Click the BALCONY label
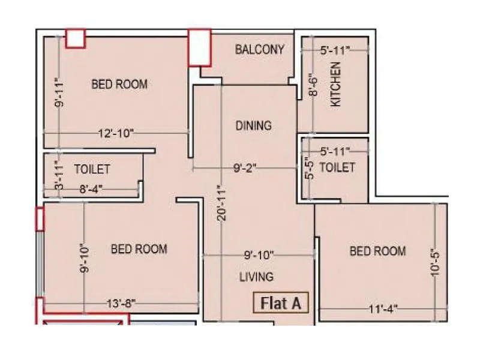[x=259, y=49]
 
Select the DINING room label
[x=253, y=125]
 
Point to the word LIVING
[x=256, y=277]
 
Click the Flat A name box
[x=280, y=303]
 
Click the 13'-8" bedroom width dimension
[x=120, y=304]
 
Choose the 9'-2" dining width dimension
[x=245, y=169]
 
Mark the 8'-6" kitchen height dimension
[x=312, y=85]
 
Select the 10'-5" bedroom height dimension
[x=436, y=262]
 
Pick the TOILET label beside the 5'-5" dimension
[x=337, y=167]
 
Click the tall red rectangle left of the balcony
[x=200, y=47]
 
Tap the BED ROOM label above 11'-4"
[x=377, y=251]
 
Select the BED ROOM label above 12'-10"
[x=119, y=84]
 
